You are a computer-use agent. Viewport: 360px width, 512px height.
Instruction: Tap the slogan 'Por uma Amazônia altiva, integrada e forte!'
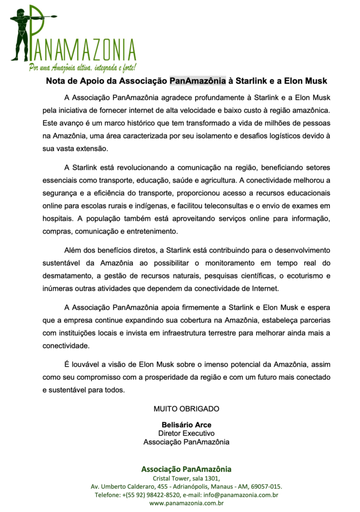coord(82,67)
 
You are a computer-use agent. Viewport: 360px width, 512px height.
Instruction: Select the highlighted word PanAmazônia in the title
coord(197,80)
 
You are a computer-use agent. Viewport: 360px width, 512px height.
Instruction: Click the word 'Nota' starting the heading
coord(56,80)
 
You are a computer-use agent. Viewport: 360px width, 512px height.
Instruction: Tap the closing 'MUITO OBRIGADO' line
coord(186,408)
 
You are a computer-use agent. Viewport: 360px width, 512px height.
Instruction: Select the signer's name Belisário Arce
coord(186,425)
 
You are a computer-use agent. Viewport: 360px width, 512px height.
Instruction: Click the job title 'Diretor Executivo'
coord(186,433)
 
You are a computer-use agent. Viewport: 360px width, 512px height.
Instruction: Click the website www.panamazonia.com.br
coord(186,503)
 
